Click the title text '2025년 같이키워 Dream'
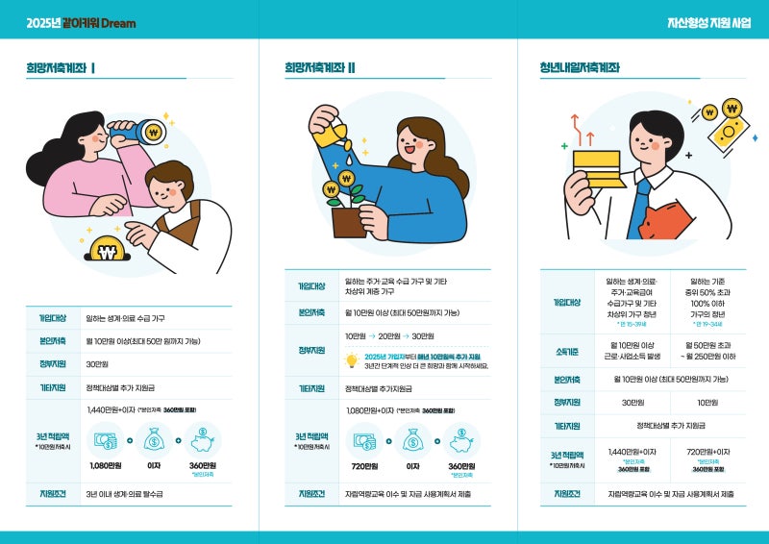81,21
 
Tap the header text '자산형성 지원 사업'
708,21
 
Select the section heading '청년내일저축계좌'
580,67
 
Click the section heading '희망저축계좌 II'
320,67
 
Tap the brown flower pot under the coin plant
349,222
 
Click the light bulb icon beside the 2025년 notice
352,360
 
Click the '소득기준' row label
566,351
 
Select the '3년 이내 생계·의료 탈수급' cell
125,494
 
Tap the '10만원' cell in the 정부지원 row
707,402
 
